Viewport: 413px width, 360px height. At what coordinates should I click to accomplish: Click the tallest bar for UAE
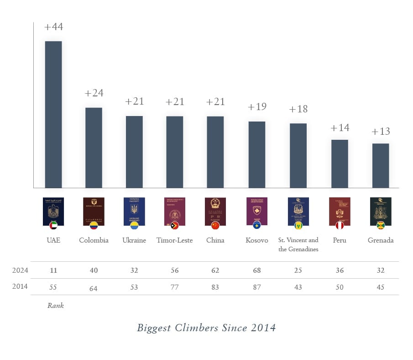coord(53,114)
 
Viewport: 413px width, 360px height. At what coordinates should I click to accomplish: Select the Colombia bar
coord(94,148)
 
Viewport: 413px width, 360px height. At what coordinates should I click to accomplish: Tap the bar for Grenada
coord(381,165)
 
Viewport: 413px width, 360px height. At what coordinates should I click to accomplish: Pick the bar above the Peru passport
coord(340,164)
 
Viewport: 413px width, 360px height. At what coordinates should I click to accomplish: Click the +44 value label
coord(53,27)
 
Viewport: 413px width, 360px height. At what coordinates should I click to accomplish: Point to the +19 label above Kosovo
coord(257,107)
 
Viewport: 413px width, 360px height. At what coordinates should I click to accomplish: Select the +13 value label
coord(381,132)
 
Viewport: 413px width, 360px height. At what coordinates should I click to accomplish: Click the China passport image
coord(215,211)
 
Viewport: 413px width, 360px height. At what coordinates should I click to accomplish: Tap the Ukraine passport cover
coord(134,211)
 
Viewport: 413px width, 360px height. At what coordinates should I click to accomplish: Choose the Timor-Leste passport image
coord(175,211)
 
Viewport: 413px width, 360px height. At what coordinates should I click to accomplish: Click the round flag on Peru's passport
coord(340,225)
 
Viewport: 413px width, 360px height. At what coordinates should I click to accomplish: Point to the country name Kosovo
coord(257,240)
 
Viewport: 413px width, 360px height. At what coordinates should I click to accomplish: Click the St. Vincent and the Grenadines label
coord(298,244)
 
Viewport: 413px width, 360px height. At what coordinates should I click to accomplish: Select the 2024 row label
coord(20,270)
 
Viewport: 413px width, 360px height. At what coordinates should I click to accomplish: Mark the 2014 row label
coord(20,287)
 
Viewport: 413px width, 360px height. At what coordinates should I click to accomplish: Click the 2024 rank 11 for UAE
coord(53,270)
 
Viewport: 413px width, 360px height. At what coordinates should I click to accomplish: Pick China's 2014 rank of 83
coord(215,287)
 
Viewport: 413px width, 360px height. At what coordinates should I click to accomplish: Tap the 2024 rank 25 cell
coord(298,270)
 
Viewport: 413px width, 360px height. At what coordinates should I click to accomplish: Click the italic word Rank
coord(56,306)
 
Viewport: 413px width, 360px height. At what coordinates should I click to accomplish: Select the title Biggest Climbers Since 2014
coord(206,328)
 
